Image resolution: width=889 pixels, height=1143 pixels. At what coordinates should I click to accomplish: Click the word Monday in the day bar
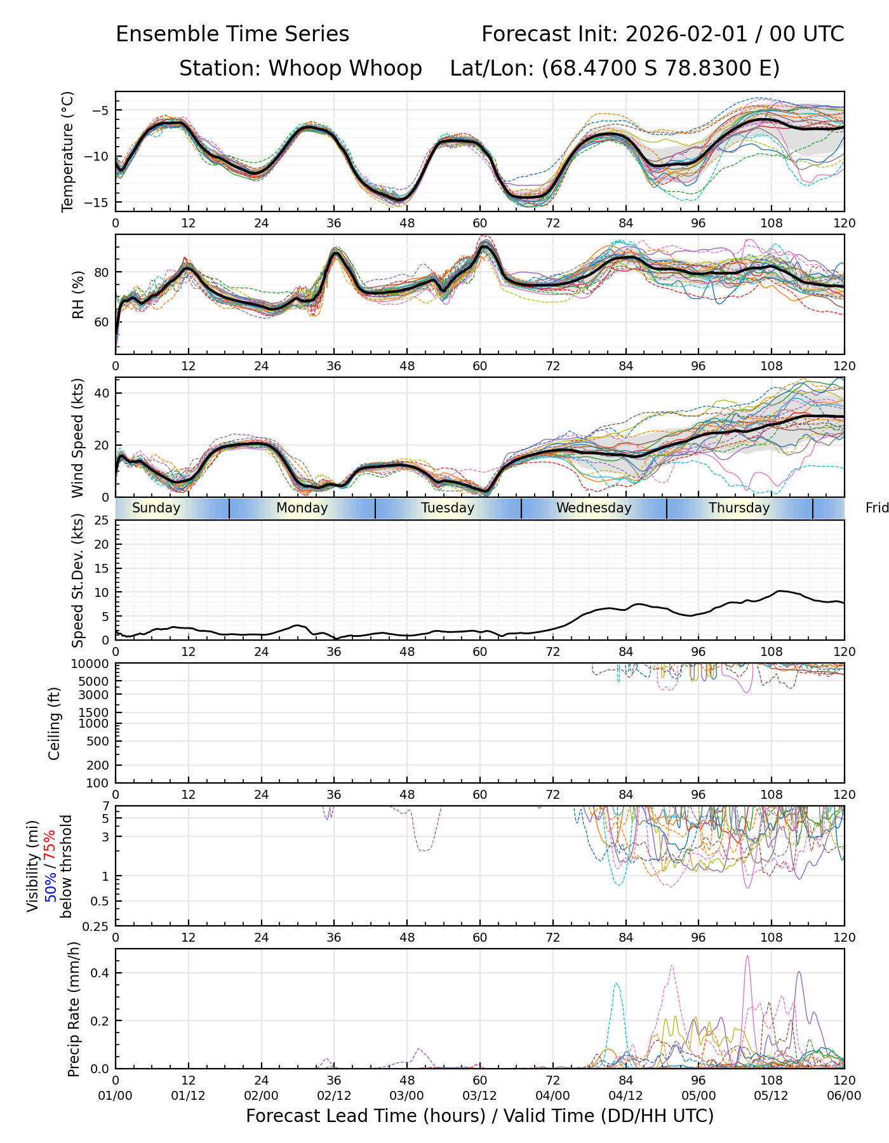(x=302, y=508)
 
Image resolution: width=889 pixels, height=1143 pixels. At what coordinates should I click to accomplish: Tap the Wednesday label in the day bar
(x=594, y=508)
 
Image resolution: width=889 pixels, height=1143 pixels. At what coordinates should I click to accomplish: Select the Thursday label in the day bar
(x=739, y=508)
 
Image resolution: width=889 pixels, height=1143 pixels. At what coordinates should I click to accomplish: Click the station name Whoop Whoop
(x=345, y=69)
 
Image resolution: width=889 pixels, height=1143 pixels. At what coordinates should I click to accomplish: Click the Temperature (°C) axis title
(x=68, y=151)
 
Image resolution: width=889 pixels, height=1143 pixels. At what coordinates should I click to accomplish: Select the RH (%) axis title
(x=79, y=295)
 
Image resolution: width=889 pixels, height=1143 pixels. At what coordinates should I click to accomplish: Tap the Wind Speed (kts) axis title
(x=78, y=438)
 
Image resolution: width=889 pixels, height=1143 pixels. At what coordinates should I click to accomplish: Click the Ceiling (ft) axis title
(x=55, y=723)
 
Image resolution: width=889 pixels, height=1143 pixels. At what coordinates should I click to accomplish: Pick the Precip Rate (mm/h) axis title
(x=74, y=1009)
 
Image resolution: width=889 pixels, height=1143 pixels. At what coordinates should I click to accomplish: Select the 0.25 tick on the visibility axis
(x=97, y=926)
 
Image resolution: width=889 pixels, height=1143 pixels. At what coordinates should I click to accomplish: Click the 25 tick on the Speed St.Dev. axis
(x=101, y=521)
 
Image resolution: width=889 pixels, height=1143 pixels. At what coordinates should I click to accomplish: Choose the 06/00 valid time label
(x=844, y=1096)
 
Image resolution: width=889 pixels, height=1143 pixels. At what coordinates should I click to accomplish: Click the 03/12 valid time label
(x=479, y=1096)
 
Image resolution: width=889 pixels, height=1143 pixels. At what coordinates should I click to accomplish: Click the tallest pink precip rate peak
(x=747, y=956)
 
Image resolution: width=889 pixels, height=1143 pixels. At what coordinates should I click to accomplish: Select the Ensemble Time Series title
(x=232, y=34)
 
